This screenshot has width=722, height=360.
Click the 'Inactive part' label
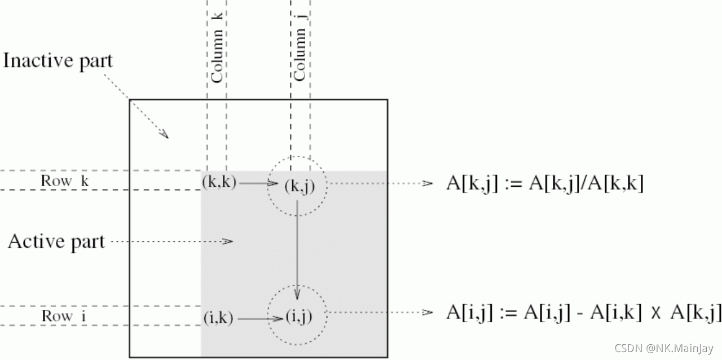point(58,60)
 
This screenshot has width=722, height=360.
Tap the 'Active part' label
point(56,242)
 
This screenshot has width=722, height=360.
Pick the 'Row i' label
point(63,316)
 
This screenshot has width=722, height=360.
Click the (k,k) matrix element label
point(219,182)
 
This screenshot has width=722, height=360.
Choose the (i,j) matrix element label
point(298,317)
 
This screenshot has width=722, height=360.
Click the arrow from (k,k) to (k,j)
point(258,183)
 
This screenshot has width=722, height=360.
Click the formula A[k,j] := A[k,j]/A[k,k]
point(544,184)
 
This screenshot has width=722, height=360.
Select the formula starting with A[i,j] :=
point(583,313)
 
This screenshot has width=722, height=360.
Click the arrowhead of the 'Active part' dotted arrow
point(228,242)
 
